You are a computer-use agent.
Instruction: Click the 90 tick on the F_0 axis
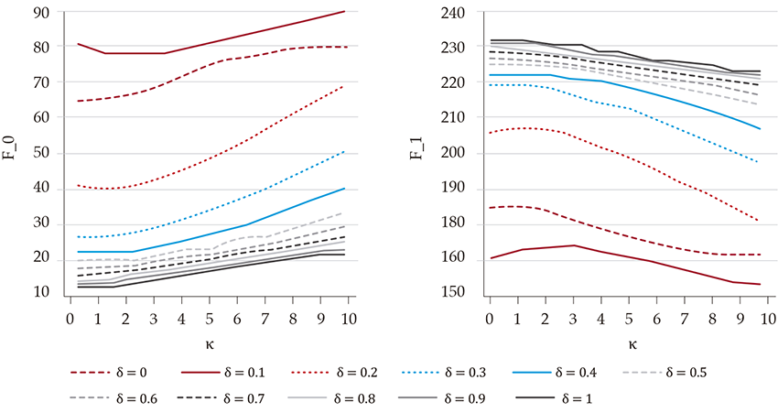(x=43, y=12)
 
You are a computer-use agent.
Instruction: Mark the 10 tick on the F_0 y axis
(x=43, y=293)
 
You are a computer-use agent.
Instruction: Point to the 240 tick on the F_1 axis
(x=456, y=12)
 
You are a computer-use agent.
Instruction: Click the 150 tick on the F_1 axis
(x=456, y=293)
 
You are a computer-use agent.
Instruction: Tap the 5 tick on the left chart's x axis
(x=209, y=319)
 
